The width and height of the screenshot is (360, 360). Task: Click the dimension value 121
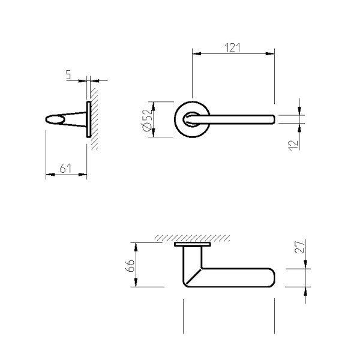click(x=233, y=47)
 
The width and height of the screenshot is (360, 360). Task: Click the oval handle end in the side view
click(x=53, y=119)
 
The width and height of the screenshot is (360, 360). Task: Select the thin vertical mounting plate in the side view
click(x=88, y=120)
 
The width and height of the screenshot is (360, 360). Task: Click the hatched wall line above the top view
click(x=192, y=238)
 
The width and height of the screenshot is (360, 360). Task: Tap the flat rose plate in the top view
click(x=193, y=245)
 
